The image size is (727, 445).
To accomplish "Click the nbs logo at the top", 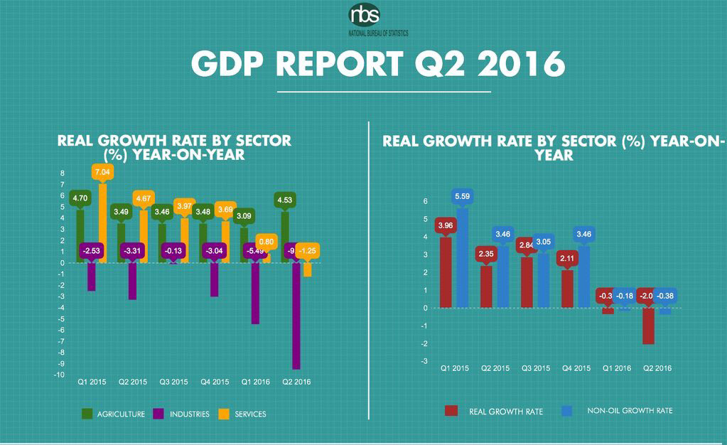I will tap(364, 16).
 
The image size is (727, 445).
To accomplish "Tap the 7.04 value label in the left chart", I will tap(101, 171).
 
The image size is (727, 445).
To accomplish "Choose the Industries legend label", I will tap(188, 414).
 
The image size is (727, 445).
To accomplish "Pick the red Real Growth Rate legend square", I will tap(450, 411).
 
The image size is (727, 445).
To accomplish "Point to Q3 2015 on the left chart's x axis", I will tap(173, 382).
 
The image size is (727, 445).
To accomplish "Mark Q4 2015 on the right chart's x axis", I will tap(576, 368).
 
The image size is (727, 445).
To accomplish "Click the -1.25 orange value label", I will tap(308, 250).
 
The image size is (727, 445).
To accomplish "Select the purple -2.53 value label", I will tap(91, 250).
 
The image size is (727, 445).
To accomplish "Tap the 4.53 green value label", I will tap(286, 200).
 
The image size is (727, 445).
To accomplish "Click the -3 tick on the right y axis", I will tap(425, 361).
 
